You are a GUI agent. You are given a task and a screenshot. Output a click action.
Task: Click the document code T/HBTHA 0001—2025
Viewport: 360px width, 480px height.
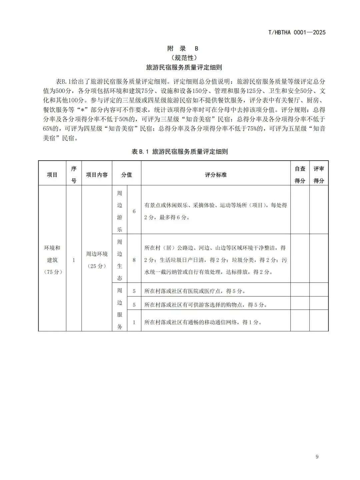pyautogui.click(x=297, y=32)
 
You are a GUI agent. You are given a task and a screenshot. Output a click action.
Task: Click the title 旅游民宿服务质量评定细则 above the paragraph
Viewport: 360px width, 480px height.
pyautogui.click(x=184, y=67)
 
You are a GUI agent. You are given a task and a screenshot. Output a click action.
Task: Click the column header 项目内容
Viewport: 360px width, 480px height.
pyautogui.click(x=97, y=175)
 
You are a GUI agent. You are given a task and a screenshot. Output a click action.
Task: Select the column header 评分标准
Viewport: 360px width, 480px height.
pyautogui.click(x=216, y=175)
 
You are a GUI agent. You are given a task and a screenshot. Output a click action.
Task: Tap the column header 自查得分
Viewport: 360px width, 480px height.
pyautogui.click(x=300, y=175)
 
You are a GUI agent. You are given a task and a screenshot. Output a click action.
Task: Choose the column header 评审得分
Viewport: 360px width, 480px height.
pyautogui.click(x=319, y=175)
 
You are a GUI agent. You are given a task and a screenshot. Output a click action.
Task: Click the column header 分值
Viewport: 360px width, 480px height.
pyautogui.click(x=126, y=175)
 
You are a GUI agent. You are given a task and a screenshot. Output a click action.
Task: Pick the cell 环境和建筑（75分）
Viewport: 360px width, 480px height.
pyautogui.click(x=52, y=260)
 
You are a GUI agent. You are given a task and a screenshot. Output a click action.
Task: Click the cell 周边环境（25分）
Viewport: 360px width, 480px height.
pyautogui.click(x=97, y=260)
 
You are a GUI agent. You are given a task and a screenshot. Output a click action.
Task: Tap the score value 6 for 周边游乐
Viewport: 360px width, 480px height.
pyautogui.click(x=134, y=211)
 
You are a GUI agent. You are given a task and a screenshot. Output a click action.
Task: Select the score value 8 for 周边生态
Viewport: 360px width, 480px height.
pyautogui.click(x=134, y=260)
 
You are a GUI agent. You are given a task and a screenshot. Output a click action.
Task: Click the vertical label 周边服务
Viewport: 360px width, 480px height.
pyautogui.click(x=120, y=308)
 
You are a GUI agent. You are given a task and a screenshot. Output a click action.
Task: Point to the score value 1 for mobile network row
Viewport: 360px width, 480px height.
pyautogui.click(x=134, y=322)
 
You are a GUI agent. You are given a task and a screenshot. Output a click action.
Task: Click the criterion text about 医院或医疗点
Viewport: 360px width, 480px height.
pyautogui.click(x=195, y=291)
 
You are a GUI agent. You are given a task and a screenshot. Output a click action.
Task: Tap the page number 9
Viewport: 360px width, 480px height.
pyautogui.click(x=317, y=457)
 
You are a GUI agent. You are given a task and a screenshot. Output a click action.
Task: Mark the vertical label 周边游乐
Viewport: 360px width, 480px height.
pyautogui.click(x=120, y=211)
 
